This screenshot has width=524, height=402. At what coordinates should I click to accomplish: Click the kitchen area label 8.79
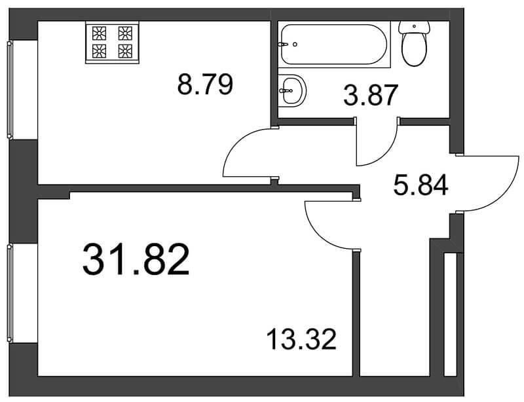click(205, 84)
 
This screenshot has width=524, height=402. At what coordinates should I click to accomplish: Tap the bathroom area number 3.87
click(371, 94)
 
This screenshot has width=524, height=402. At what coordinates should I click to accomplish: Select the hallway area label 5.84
click(421, 186)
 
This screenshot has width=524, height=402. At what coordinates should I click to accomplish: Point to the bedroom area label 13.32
click(301, 339)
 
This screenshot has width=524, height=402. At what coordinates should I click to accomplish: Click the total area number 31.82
click(136, 259)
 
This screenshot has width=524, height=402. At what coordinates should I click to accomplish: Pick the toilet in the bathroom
click(414, 43)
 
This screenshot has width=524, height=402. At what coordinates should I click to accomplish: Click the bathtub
click(334, 44)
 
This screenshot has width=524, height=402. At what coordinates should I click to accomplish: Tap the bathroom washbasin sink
click(292, 90)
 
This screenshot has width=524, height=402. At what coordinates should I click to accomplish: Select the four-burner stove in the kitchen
click(112, 42)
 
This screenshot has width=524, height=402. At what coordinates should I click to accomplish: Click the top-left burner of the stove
click(100, 33)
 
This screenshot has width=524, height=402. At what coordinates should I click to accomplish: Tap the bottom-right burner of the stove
click(125, 51)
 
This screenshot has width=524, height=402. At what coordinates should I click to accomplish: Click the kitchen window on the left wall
click(10, 90)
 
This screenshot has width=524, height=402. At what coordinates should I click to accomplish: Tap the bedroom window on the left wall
click(10, 293)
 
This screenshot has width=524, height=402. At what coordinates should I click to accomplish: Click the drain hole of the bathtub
click(295, 44)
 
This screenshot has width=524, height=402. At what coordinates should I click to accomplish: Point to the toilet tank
click(414, 27)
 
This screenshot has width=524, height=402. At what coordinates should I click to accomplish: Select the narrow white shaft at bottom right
click(450, 315)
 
